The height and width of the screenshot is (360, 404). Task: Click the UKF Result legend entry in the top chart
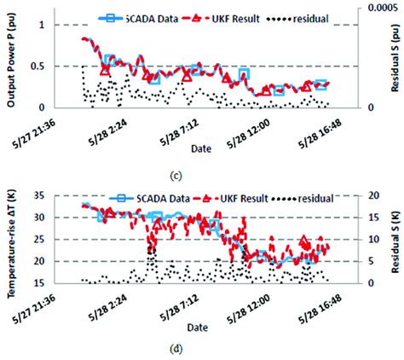(213, 16)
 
